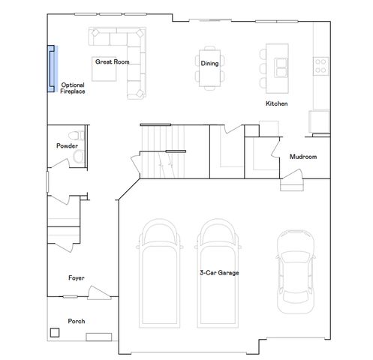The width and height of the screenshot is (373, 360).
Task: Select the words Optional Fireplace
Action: [x=73, y=88]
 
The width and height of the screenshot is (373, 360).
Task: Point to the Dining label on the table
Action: [x=209, y=63]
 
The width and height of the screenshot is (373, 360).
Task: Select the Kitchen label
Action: [x=277, y=103]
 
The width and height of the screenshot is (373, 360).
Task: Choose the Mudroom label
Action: [x=303, y=157]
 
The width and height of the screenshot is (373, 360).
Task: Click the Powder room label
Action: [x=67, y=145]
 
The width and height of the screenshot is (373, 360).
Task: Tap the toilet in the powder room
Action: [x=79, y=156]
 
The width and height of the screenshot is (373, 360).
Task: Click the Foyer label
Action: [x=76, y=277]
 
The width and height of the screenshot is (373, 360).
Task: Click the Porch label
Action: [x=76, y=321]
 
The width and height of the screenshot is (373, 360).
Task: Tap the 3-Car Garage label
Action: [x=219, y=273]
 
